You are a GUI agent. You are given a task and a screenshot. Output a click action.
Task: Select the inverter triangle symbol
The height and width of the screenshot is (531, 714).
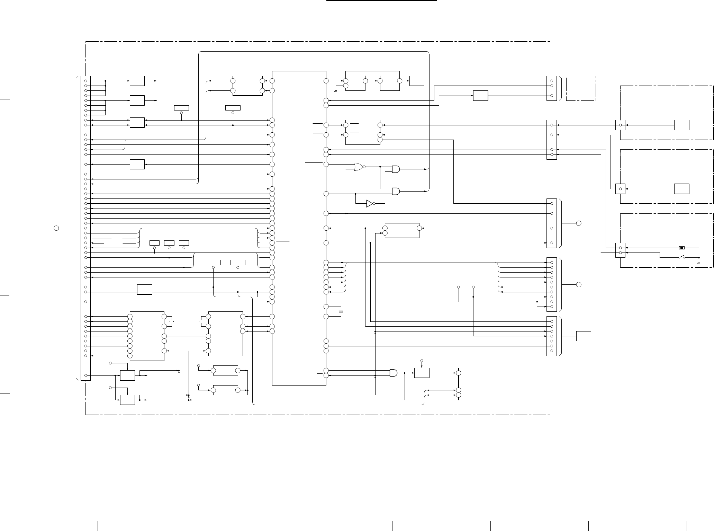tap(370, 204)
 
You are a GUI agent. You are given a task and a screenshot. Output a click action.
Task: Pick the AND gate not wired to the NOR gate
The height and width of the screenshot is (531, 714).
tap(394, 373)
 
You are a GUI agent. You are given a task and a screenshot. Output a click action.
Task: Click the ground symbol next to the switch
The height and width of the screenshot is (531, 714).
tap(699, 263)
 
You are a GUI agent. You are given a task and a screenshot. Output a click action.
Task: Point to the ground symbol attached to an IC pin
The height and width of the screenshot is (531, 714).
tap(335, 90)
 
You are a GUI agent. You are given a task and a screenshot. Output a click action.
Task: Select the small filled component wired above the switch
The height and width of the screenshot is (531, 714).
tap(681, 248)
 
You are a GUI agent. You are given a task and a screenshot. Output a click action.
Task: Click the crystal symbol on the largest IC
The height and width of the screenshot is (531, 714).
tap(341, 312)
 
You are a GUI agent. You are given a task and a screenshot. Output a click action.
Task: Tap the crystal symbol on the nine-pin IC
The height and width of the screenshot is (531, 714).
tap(172, 321)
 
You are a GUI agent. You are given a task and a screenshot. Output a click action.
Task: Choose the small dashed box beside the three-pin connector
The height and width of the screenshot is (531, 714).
tap(581, 88)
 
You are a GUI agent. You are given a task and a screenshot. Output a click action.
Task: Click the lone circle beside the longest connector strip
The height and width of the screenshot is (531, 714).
tap(56, 228)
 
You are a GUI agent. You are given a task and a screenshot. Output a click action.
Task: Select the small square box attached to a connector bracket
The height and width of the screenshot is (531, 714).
tap(584, 336)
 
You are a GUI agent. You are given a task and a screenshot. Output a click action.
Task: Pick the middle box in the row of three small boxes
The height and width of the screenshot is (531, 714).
tap(169, 243)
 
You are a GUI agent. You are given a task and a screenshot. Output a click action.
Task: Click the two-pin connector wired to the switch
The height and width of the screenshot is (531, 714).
tap(621, 250)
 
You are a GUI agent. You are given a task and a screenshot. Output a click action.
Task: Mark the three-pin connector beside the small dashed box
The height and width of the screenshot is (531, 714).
tap(552, 88)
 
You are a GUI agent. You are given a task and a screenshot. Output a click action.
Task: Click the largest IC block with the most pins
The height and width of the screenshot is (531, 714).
tap(299, 228)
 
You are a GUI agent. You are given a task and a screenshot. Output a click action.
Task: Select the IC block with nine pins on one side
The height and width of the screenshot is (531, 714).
tap(147, 336)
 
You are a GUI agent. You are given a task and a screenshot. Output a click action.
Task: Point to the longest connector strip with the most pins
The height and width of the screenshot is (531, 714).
tap(86, 228)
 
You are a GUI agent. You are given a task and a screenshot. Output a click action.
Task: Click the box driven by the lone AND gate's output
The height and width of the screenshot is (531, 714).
tap(422, 373)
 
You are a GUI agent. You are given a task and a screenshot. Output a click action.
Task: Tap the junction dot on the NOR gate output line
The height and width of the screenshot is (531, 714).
tap(380, 167)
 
